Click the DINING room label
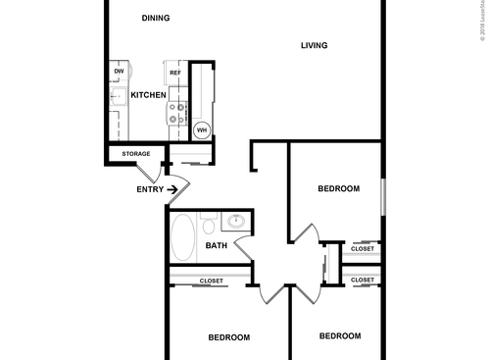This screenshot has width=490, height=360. pos(155,18)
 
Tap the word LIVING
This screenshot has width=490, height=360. pos(314,45)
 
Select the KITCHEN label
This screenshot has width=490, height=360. pos(148,95)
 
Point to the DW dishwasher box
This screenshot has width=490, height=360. pos(119,72)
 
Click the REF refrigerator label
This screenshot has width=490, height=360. pos(175,73)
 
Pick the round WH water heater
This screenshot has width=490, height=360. pos(202,129)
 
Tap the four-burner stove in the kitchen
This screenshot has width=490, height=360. pos(177,113)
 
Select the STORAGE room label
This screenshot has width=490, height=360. pos(136,154)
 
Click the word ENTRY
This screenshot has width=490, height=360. pos(150,189)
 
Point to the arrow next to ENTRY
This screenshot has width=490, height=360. pos(173,189)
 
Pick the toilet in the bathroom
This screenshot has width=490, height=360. pos(210,225)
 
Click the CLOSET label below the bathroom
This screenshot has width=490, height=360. pos(211,282)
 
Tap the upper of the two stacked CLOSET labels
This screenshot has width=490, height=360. pos(362,249)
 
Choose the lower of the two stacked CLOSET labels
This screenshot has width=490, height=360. pos(362,281)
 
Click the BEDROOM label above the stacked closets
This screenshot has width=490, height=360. pos(339,188)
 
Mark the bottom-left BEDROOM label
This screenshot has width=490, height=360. pos(228,337)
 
